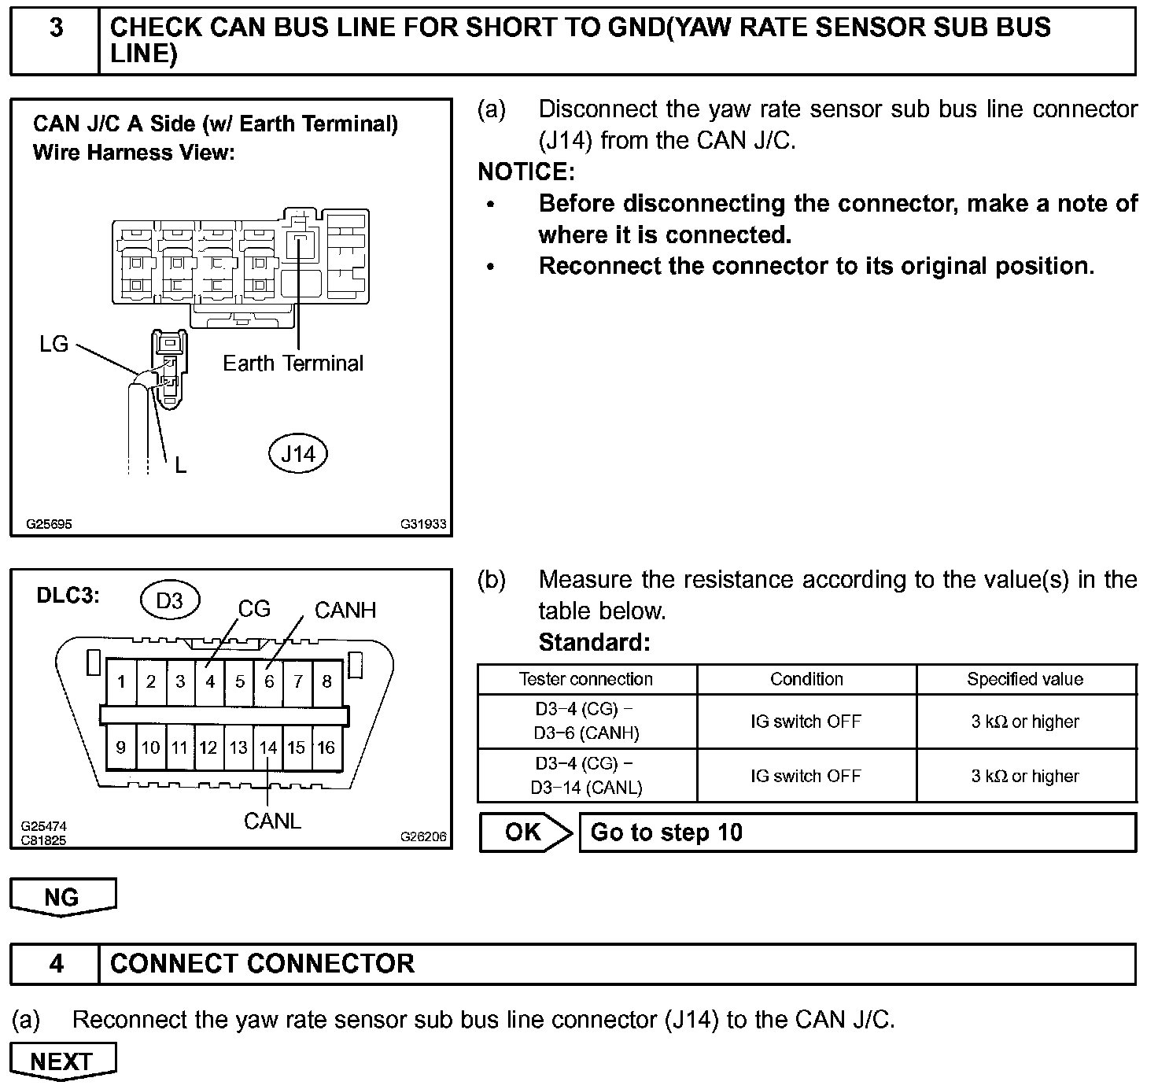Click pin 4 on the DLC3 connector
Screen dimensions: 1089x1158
[x=210, y=681]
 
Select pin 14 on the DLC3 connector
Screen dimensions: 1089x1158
[x=268, y=748]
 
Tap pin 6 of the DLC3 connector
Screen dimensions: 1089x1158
[x=269, y=681]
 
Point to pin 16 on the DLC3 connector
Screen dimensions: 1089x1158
[x=326, y=748]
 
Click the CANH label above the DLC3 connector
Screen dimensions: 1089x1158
[x=345, y=610]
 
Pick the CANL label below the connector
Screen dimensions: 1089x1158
[x=272, y=821]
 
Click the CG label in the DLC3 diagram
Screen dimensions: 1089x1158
[x=254, y=609]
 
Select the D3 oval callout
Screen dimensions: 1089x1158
[x=169, y=601]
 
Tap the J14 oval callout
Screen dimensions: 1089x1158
[x=298, y=454]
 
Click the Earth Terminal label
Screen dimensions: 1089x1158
[x=293, y=364]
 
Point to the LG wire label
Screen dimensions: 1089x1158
[x=54, y=344]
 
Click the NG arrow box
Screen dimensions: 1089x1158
[x=62, y=897]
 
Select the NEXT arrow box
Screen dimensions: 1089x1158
[x=62, y=1061]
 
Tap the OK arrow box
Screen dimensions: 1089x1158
[x=525, y=832]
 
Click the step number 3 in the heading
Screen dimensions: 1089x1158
[x=56, y=28]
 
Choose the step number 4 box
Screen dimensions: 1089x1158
[x=56, y=964]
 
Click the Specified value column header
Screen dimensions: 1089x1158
[x=1025, y=679]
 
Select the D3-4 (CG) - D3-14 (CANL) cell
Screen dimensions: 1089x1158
[x=587, y=776]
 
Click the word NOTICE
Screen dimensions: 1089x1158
[x=526, y=172]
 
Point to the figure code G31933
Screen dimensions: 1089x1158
[x=423, y=524]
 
